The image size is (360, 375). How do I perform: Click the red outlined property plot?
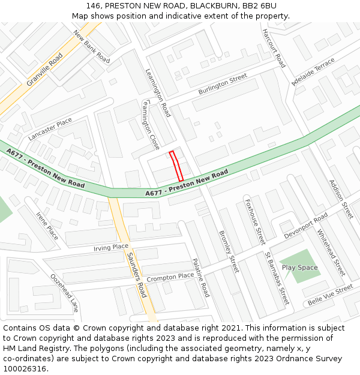coord(176,166)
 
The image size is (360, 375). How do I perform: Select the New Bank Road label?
coord(92,47)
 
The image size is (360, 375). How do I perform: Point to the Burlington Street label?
coord(223,85)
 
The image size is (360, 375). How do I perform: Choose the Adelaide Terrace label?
coord(313,72)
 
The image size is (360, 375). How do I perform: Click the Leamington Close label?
coord(151,125)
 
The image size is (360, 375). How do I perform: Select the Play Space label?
coord(299,268)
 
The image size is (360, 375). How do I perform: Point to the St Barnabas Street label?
coord(277,278)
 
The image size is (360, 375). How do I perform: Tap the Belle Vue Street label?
coord(330,294)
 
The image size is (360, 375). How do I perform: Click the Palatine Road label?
coord(200,277)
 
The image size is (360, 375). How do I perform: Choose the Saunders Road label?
coord(137,275)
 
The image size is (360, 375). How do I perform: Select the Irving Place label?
coord(111,247)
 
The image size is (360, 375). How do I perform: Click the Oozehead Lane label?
coord(64,293)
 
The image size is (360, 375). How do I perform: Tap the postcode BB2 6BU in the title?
coord(259,5)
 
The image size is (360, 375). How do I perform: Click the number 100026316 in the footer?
coord(25,368)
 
